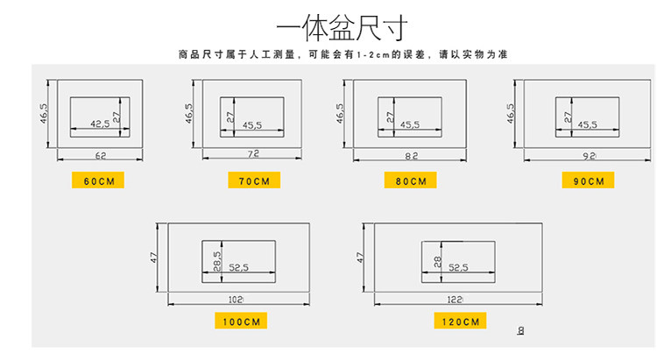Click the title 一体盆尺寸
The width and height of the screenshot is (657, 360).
tap(328, 30)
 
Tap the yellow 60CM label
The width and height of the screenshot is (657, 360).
tap(98, 180)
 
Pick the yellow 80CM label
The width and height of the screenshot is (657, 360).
tap(410, 180)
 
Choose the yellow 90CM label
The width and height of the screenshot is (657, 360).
tap(588, 180)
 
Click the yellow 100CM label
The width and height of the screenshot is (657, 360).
tap(241, 321)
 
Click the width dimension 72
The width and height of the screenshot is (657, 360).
tap(254, 155)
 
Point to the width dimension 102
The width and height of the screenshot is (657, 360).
tap(236, 299)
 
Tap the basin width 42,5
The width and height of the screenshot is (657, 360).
tap(101, 124)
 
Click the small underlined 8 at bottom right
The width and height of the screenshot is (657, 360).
tap(521, 331)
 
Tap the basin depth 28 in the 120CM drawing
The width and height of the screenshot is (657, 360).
tap(436, 261)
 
